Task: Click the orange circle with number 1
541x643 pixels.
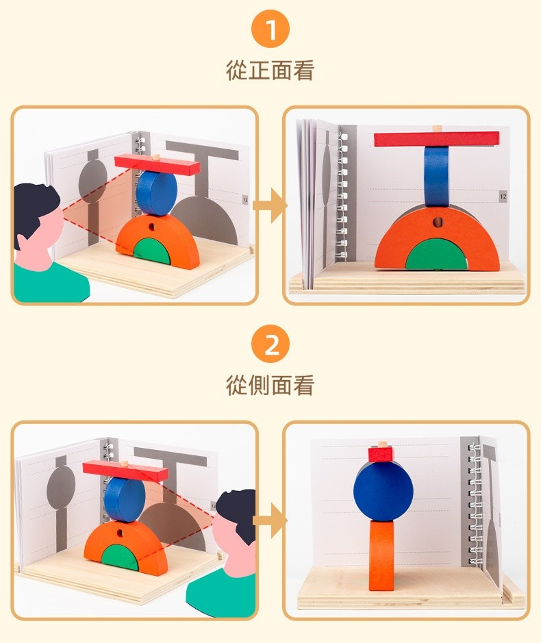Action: point(270,29)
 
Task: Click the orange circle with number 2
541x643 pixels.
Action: point(270,344)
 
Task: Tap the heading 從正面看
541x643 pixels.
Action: point(270,70)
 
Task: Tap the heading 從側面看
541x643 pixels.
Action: point(270,385)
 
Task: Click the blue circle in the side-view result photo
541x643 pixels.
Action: point(383,490)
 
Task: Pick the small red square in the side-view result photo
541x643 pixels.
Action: point(381,455)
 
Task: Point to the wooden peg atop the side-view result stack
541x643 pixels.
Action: point(382,444)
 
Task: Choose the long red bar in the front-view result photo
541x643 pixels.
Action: point(437,139)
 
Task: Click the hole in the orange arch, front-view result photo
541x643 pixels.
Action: point(438,223)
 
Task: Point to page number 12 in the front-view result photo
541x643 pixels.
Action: point(503,197)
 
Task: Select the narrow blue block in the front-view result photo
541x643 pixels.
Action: point(436,177)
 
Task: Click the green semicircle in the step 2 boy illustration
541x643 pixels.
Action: point(120,557)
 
